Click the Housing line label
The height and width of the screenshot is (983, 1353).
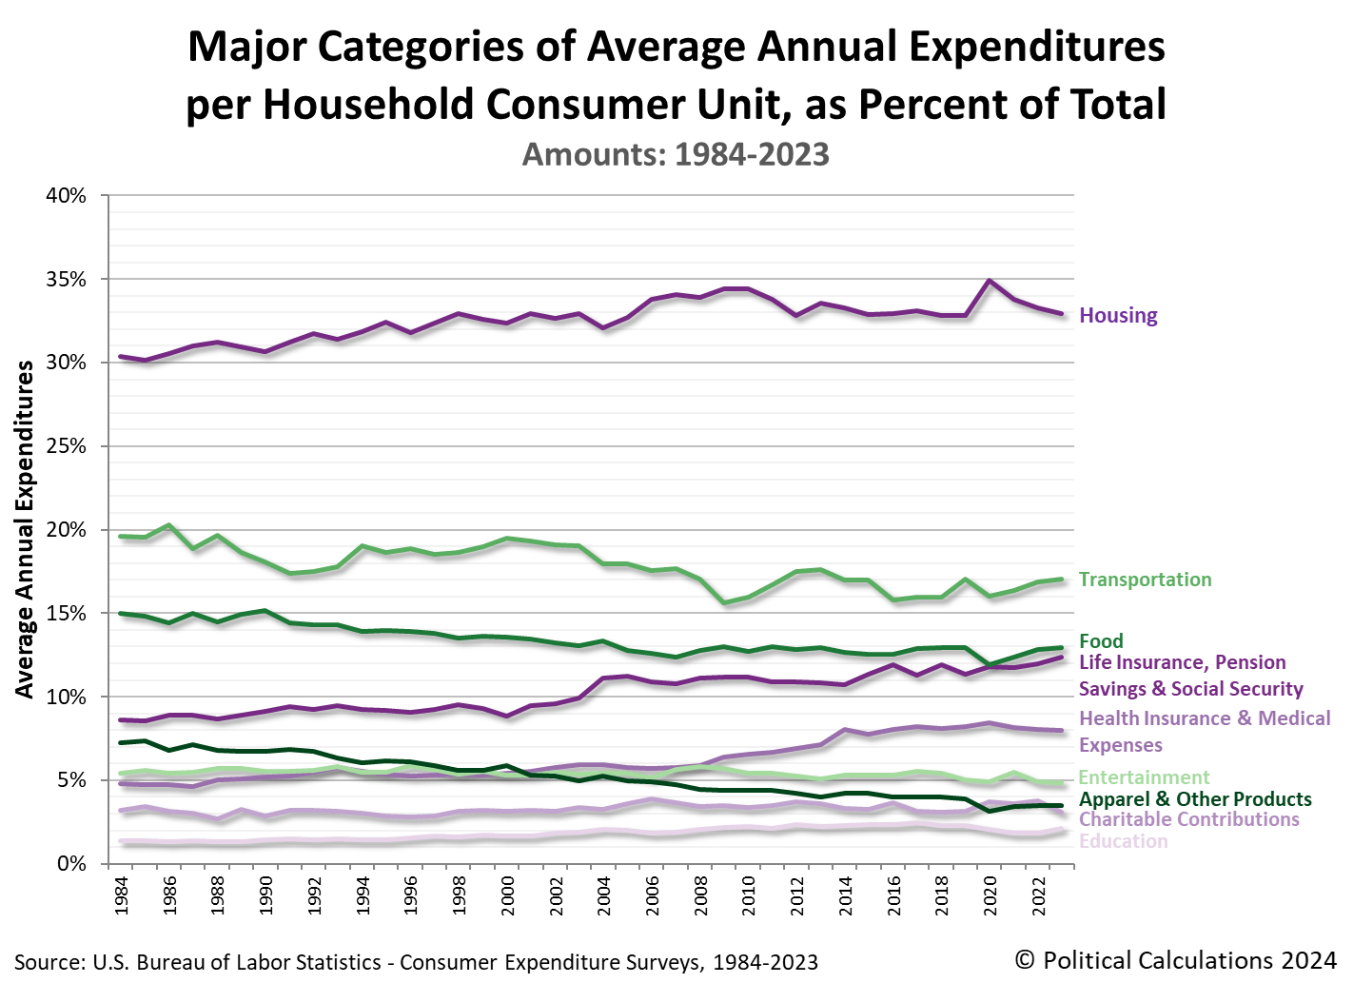click(1118, 316)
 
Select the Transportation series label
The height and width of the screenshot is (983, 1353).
click(1145, 580)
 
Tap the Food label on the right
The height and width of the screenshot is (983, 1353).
click(1101, 641)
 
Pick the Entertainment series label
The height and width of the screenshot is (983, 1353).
click(1144, 777)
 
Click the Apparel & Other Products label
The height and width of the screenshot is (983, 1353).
click(1195, 799)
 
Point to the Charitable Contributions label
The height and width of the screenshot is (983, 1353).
click(1188, 819)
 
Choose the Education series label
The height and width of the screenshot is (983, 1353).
click(1123, 841)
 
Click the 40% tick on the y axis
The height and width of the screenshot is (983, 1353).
click(66, 196)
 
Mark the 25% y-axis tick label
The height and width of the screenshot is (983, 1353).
click(66, 446)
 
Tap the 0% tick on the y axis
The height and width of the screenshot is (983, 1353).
click(71, 864)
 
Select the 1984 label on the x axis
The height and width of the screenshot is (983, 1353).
click(122, 895)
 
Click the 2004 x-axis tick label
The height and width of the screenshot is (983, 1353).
click(604, 895)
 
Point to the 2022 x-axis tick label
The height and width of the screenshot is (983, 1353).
click(1039, 895)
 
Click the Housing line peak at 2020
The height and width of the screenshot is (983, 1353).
click(990, 281)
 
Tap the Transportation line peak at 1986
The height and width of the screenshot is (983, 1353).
click(169, 525)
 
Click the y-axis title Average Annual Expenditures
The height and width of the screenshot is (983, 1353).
click(25, 529)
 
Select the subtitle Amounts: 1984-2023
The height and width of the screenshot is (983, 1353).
click(676, 154)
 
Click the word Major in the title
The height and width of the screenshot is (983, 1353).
click(245, 47)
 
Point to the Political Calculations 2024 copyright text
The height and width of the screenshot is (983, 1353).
click(1175, 960)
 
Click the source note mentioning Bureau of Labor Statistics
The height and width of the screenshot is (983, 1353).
click(416, 962)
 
